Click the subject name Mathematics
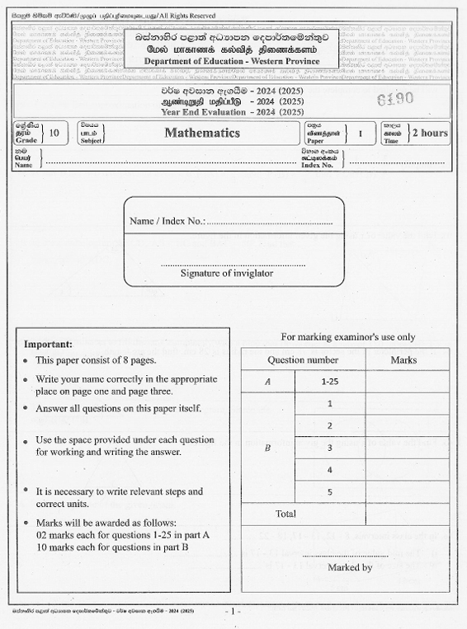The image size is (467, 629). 202,133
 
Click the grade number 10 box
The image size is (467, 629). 54,133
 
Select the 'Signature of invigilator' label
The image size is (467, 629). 227,273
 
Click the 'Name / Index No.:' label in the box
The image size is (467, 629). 167,222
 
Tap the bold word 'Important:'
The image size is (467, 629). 48,344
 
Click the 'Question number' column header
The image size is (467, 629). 303,360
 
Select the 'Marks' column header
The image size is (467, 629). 403,360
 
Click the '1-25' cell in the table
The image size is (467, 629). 329,383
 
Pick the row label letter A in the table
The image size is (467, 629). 267,383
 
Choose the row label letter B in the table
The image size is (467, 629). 267,448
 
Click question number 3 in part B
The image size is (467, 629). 329,448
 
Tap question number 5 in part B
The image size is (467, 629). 329,492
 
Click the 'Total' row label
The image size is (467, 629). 285,514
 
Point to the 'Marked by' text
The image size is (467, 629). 350,567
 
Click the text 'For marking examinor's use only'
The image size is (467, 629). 348,337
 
